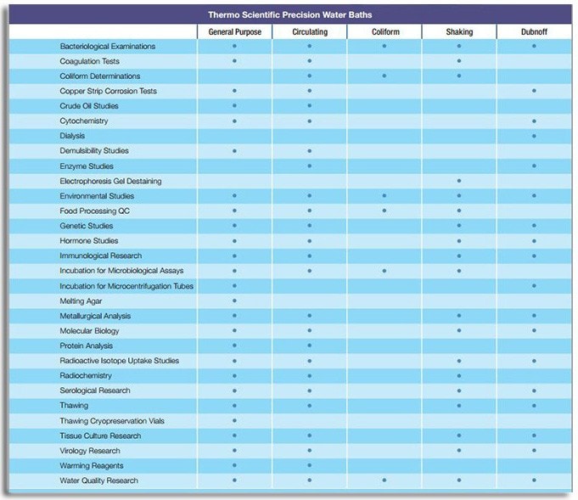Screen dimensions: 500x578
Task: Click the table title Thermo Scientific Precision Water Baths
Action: click(x=289, y=14)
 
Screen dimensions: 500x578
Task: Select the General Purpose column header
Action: click(x=234, y=31)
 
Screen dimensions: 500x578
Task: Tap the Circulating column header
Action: click(x=309, y=31)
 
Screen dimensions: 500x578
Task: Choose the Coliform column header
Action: click(x=384, y=31)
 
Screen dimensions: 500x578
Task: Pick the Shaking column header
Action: click(x=458, y=31)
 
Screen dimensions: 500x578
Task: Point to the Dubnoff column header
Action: click(x=533, y=31)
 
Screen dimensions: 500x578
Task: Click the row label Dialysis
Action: click(x=72, y=136)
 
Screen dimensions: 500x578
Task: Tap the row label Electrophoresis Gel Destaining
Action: click(x=110, y=181)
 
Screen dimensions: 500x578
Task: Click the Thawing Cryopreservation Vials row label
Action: click(x=112, y=421)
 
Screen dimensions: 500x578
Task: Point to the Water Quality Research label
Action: click(x=98, y=480)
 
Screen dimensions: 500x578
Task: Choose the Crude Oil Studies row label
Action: click(x=89, y=106)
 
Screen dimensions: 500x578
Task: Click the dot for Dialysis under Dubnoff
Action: click(x=534, y=136)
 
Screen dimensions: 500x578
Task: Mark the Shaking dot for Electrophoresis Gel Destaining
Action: click(x=459, y=181)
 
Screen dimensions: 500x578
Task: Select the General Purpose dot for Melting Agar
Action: click(x=234, y=301)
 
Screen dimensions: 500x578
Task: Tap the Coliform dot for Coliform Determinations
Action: click(x=384, y=76)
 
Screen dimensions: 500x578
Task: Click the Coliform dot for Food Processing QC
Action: click(x=384, y=211)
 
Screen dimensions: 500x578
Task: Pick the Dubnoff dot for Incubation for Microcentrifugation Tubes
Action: click(x=534, y=286)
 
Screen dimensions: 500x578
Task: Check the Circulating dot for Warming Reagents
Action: click(x=309, y=466)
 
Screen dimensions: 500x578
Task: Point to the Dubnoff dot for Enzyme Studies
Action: click(x=534, y=166)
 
